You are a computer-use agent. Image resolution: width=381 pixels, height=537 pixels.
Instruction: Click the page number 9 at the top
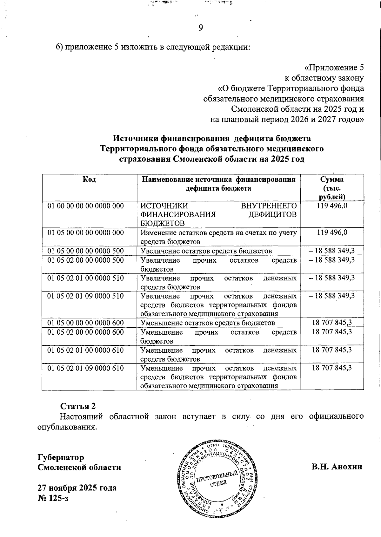(x=201, y=28)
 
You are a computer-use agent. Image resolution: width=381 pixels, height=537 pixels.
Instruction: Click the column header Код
(x=89, y=180)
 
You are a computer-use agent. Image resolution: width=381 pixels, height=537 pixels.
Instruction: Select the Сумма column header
(x=332, y=180)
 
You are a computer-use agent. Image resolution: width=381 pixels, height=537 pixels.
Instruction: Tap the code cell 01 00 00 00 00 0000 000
(x=85, y=206)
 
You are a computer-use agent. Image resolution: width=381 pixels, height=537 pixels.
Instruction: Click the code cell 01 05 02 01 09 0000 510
(x=85, y=296)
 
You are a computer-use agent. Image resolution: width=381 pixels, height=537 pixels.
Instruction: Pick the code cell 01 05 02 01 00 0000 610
(x=85, y=350)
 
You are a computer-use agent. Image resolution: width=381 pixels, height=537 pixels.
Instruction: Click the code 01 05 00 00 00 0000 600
(x=85, y=323)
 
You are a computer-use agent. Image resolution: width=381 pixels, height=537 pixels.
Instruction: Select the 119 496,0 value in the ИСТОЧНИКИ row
(x=332, y=206)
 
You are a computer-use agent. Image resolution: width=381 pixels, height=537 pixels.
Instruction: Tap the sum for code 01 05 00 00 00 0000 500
(x=332, y=251)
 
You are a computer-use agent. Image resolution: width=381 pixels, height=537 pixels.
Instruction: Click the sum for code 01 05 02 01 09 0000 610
(x=332, y=368)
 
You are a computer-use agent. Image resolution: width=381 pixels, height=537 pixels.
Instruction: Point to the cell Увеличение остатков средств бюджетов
(x=206, y=251)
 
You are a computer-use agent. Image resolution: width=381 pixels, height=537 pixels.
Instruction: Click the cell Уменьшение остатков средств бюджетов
(x=208, y=323)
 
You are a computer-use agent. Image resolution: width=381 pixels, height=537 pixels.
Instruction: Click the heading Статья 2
(x=78, y=406)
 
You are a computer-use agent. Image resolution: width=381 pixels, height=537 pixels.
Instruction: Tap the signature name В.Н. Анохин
(x=337, y=467)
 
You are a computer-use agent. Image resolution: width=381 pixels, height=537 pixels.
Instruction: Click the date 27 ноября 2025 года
(x=77, y=488)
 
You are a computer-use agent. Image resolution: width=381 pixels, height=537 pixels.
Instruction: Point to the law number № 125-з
(x=53, y=498)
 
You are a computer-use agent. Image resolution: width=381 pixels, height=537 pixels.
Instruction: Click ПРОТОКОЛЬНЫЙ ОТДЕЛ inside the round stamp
(x=217, y=479)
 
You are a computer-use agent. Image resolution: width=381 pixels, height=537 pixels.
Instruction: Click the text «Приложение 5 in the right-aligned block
(x=334, y=68)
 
